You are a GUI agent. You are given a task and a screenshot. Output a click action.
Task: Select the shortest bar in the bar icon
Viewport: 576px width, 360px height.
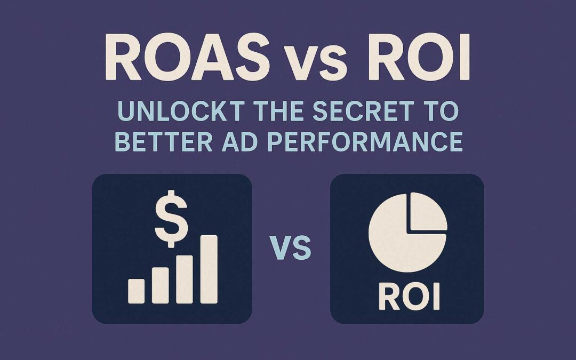tap(136, 291)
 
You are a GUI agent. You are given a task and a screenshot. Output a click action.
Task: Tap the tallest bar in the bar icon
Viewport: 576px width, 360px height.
tap(209, 269)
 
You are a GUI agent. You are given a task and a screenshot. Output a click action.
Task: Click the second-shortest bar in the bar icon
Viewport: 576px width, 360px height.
tap(161, 285)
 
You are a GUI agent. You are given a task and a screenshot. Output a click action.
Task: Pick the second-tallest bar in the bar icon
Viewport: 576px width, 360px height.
tap(185, 279)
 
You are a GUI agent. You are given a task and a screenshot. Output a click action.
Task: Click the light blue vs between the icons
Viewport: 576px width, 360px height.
tap(291, 249)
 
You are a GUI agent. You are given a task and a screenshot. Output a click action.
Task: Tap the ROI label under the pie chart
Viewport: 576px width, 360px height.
tap(409, 299)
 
